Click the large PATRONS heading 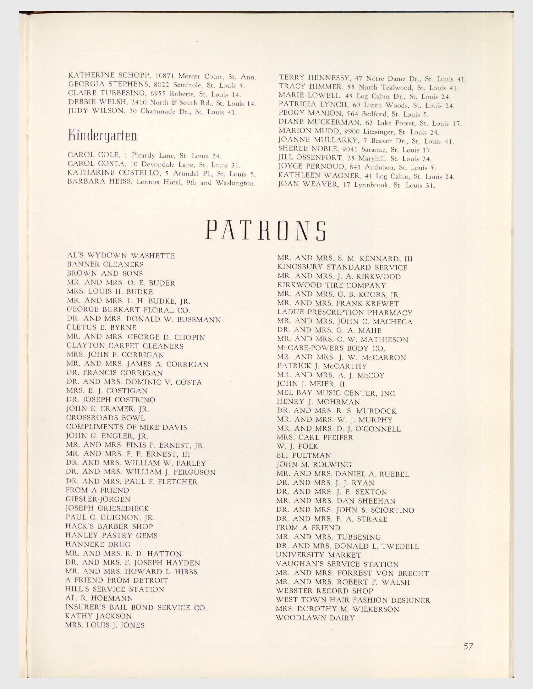click(266, 230)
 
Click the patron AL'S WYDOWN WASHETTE click(121, 256)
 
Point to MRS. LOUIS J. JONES click(105, 625)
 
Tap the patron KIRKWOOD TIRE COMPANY click(331, 285)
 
